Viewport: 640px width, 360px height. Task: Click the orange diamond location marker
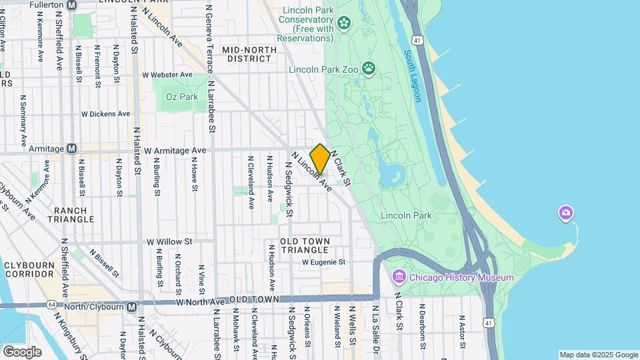pos(320,159)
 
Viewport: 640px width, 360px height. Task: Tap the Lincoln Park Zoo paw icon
pos(369,69)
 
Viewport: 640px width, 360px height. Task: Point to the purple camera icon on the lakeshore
pos(566,213)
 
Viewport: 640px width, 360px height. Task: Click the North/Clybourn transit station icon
pos(132,307)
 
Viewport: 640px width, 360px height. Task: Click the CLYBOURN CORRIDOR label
pos(28,270)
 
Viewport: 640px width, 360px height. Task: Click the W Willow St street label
pos(169,241)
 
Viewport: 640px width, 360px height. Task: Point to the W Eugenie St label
pos(323,263)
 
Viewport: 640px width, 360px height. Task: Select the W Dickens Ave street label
pos(105,114)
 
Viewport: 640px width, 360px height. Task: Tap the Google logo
pos(21,351)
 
